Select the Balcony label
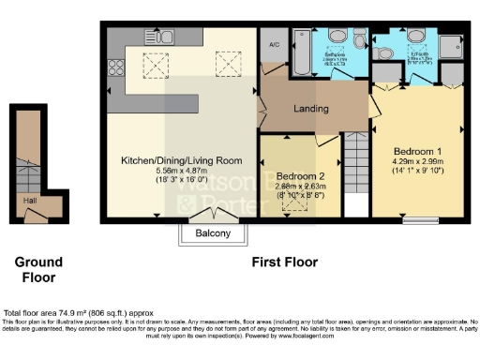click(x=214, y=233)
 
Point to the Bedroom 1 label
click(x=416, y=150)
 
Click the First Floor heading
click(x=284, y=262)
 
